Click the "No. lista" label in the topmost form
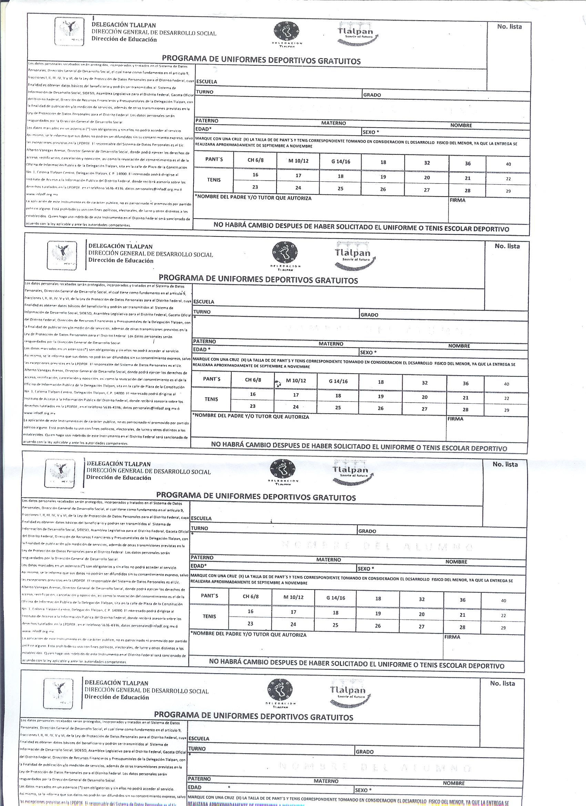click(x=509, y=27)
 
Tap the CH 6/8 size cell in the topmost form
click(x=255, y=160)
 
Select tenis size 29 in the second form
click(x=506, y=410)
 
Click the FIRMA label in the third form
click(x=452, y=637)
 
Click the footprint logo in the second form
click(x=285, y=252)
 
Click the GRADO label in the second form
click(x=369, y=315)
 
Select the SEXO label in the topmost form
click(x=371, y=132)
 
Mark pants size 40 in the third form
click(x=504, y=601)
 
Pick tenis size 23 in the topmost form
click(x=255, y=187)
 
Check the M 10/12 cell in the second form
click(x=296, y=381)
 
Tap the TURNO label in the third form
click(x=199, y=528)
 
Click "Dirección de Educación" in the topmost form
click(x=124, y=40)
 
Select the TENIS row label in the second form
click(x=211, y=399)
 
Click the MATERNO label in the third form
click(x=329, y=560)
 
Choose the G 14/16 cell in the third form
click(x=336, y=598)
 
